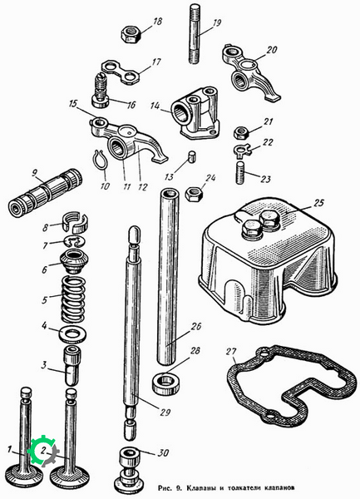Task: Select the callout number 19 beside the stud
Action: click(x=216, y=23)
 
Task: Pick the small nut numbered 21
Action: click(x=241, y=131)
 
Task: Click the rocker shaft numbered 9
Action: click(x=45, y=192)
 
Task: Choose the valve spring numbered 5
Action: click(x=73, y=299)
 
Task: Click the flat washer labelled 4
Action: click(x=73, y=335)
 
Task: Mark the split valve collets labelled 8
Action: click(x=74, y=222)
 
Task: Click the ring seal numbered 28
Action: click(x=165, y=383)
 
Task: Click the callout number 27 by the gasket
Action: click(x=231, y=352)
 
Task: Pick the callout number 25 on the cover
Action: click(x=318, y=203)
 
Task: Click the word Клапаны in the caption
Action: click(x=202, y=487)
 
